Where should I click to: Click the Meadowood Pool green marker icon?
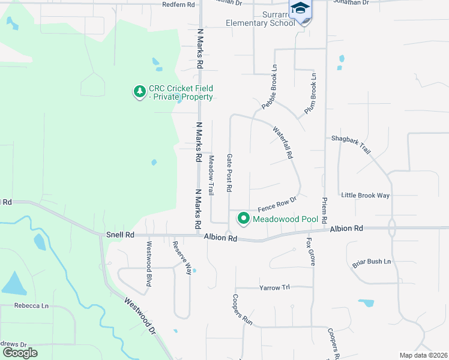click(244, 219)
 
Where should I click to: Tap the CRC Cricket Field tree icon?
click(139, 92)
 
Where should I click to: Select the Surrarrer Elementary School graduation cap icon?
click(300, 8)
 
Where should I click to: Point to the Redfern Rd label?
click(179, 4)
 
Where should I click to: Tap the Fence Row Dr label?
click(277, 204)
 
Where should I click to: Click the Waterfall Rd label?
click(282, 142)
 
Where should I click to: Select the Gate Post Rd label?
click(229, 172)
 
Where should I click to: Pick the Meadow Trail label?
click(211, 175)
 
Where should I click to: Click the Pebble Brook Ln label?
click(268, 88)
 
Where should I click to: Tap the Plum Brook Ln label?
click(310, 94)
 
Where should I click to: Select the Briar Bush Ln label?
click(371, 262)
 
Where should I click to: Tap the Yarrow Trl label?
click(274, 287)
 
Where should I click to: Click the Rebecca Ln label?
click(32, 305)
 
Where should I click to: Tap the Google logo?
click(20, 353)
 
